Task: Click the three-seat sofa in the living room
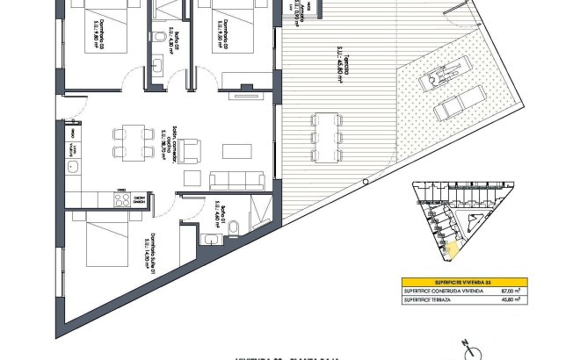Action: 236,181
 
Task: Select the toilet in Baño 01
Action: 234,227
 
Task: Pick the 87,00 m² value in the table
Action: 508,290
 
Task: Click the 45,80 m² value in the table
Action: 508,299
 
